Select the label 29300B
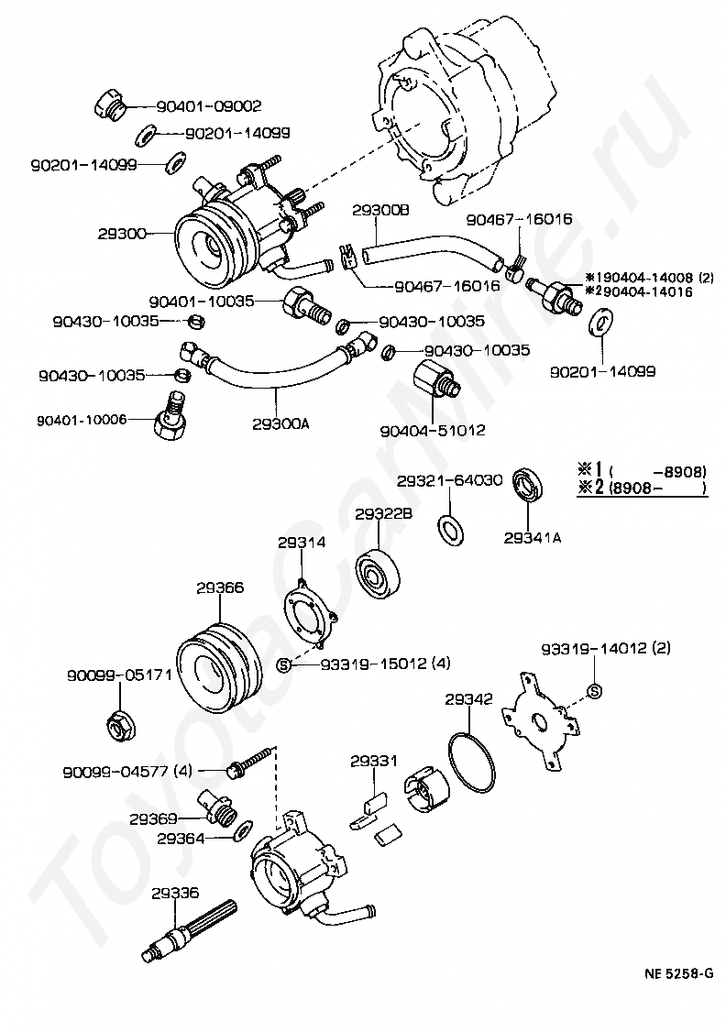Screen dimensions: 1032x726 pos(380,210)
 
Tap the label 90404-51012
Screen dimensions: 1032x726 pos(433,430)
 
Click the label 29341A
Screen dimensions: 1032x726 pos(532,537)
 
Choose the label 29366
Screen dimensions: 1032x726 pos(219,587)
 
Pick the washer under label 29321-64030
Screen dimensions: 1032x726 pos(450,528)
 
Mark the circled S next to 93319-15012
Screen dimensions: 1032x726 pos(283,664)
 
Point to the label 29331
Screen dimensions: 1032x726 pos(372,760)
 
